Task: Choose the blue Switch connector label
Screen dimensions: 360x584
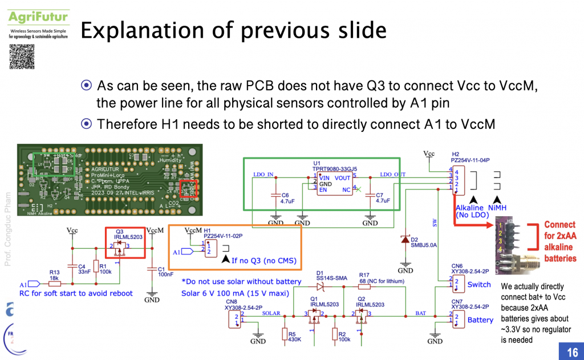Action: click(x=478, y=284)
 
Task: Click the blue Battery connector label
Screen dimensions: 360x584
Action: click(x=480, y=319)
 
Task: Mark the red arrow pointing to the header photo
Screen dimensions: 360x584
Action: click(x=473, y=225)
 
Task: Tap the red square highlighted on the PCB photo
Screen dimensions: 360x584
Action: click(x=188, y=189)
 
